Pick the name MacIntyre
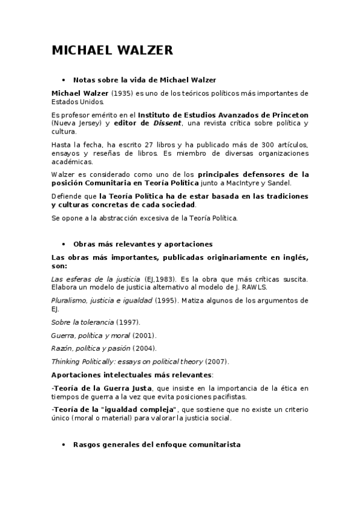click(x=248, y=183)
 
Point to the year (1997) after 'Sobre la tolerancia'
click(x=127, y=322)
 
